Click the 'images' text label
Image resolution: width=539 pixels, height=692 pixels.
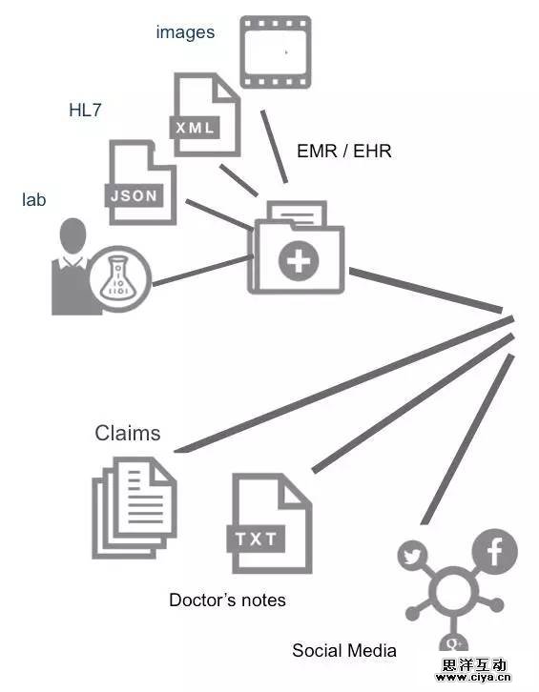186,33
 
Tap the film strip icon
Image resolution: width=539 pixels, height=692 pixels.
276,52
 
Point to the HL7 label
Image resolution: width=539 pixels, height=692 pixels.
85,110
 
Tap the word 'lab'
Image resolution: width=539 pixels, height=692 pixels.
34,199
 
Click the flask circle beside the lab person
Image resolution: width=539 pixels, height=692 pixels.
120,278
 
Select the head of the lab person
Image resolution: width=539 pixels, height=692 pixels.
73,235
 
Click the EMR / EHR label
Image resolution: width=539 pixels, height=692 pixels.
344,151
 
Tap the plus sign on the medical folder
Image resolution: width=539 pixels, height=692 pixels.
299,261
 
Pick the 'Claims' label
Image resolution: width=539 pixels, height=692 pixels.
128,433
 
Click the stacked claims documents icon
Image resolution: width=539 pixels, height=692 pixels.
135,507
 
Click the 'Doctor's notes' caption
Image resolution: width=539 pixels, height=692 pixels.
228,600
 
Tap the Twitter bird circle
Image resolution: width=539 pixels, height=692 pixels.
412,556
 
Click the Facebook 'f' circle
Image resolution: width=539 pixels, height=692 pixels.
495,551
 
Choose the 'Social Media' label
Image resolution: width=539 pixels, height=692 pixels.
344,650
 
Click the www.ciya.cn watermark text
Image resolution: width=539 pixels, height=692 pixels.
473,678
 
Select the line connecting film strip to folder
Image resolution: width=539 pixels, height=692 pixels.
275,146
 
